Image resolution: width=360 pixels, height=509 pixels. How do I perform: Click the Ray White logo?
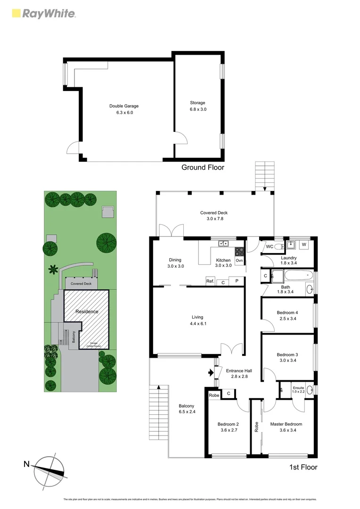click(x=43, y=14)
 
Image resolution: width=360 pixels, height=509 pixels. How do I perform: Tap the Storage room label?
click(x=197, y=103)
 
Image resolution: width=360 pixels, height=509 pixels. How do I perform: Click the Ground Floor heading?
click(x=203, y=167)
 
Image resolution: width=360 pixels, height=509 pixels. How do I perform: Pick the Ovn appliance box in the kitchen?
click(x=239, y=260)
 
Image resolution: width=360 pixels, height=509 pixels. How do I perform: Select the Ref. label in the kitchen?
click(x=210, y=281)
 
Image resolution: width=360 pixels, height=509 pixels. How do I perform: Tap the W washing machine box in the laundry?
click(x=304, y=245)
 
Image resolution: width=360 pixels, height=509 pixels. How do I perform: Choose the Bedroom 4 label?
click(x=287, y=312)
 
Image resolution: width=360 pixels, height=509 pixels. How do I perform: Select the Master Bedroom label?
click(x=286, y=424)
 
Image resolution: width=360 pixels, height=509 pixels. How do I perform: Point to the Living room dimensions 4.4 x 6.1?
click(x=198, y=324)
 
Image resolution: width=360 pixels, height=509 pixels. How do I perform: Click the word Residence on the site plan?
click(x=87, y=312)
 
